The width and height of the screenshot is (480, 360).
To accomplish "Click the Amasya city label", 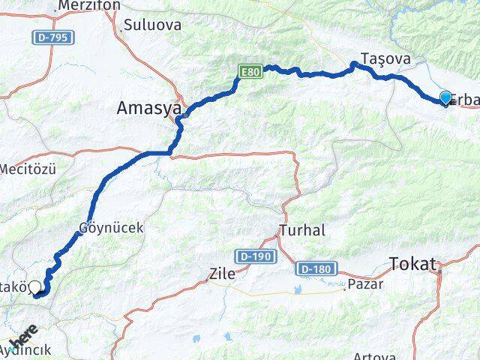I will (149, 109).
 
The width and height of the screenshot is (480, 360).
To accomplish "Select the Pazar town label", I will (367, 284).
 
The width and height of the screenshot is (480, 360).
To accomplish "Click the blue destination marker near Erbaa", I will (445, 97).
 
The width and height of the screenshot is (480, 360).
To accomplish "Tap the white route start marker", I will (34, 285).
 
